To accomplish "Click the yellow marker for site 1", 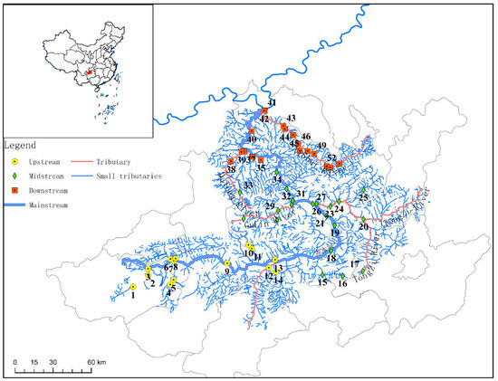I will (x=132, y=286).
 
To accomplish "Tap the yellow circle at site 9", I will (x=226, y=263).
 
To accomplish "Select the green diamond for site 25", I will (x=363, y=189).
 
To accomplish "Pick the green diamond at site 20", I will (x=363, y=219).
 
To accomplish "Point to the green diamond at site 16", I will (x=342, y=275).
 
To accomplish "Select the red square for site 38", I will (x=233, y=163).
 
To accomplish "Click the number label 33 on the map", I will (x=247, y=186).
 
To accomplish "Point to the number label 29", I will (x=269, y=206).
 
